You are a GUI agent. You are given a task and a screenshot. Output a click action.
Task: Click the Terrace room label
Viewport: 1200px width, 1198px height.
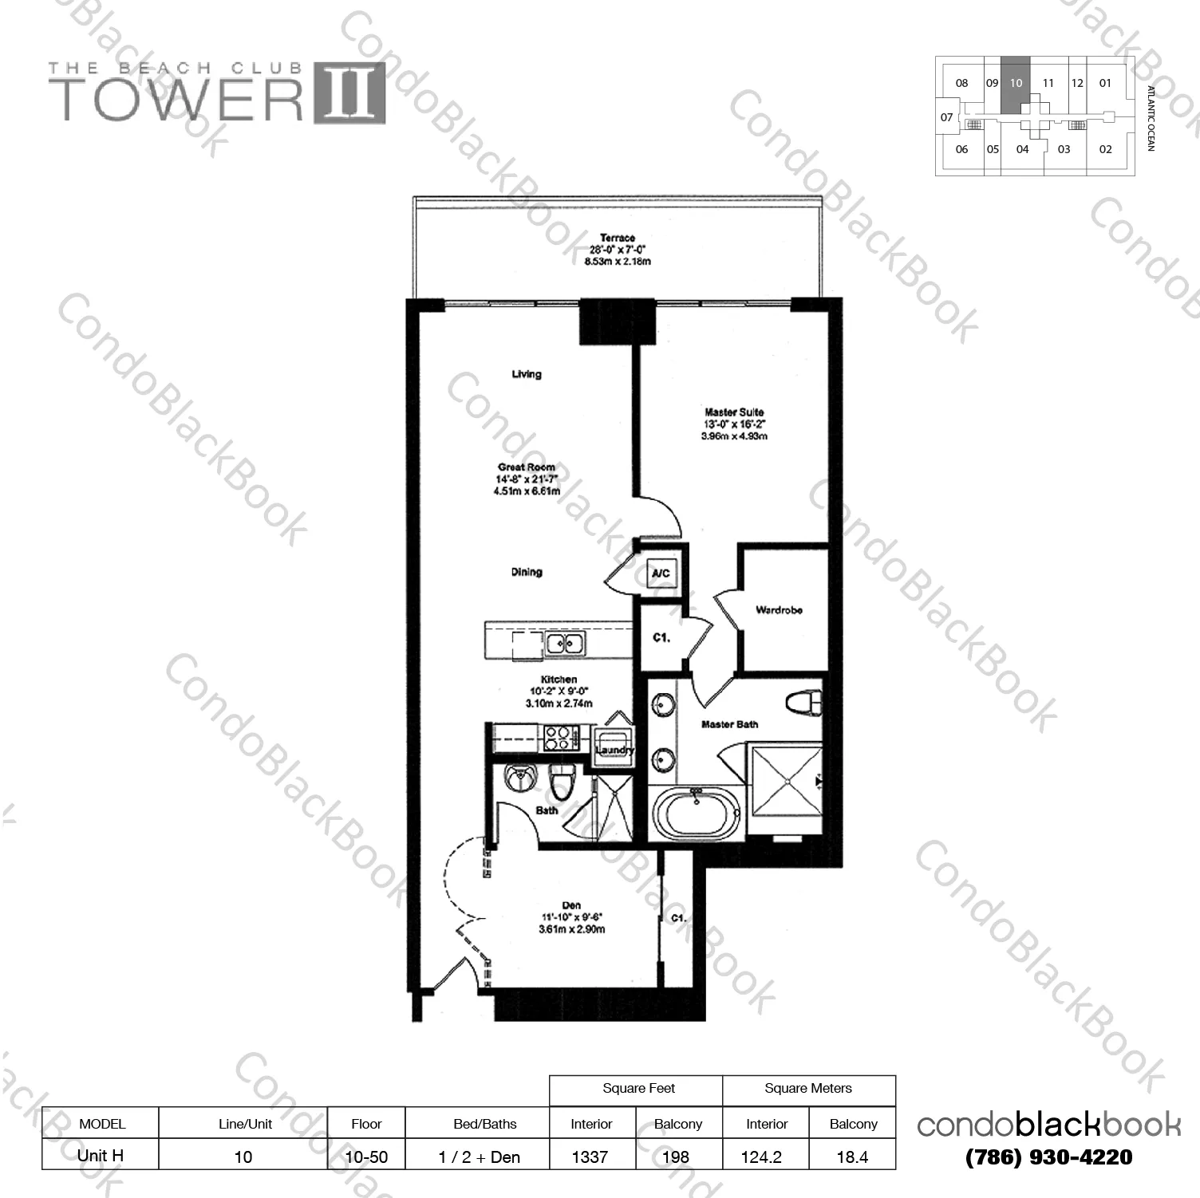[618, 238]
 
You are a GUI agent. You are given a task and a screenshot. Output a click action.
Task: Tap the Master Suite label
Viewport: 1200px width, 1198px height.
[734, 412]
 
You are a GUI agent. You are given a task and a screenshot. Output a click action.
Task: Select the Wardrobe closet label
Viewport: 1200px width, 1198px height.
[779, 610]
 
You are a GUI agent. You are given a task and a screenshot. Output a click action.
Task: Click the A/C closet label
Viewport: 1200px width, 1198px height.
[661, 573]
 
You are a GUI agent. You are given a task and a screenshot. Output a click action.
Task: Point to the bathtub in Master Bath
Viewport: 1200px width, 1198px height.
[697, 813]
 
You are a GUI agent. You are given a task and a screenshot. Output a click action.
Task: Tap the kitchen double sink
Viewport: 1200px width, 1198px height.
[565, 643]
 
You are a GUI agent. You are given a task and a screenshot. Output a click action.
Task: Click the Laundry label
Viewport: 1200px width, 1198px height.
[614, 750]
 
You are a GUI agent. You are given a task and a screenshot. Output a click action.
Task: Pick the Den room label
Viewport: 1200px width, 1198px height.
[571, 905]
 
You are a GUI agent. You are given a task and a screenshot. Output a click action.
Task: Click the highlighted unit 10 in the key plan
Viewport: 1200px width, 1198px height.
[1016, 83]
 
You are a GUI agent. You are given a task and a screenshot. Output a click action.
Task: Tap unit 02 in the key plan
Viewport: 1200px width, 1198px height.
[1105, 149]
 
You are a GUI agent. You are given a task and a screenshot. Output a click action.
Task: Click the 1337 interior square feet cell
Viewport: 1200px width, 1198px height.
[590, 1157]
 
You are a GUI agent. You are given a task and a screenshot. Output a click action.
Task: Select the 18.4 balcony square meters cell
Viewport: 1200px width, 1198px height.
[852, 1157]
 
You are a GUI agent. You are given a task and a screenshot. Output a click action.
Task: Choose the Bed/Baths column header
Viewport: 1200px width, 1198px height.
[484, 1124]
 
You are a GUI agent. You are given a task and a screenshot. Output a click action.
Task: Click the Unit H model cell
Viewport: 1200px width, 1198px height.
[101, 1155]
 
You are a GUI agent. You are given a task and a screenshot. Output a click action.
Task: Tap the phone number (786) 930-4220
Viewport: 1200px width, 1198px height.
[1048, 1157]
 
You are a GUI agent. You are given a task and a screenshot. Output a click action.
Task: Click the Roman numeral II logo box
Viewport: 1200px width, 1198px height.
[349, 93]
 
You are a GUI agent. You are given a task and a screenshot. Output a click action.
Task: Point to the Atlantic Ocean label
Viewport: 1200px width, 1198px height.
[1151, 118]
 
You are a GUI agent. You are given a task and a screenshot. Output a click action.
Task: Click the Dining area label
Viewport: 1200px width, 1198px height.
[527, 572]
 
